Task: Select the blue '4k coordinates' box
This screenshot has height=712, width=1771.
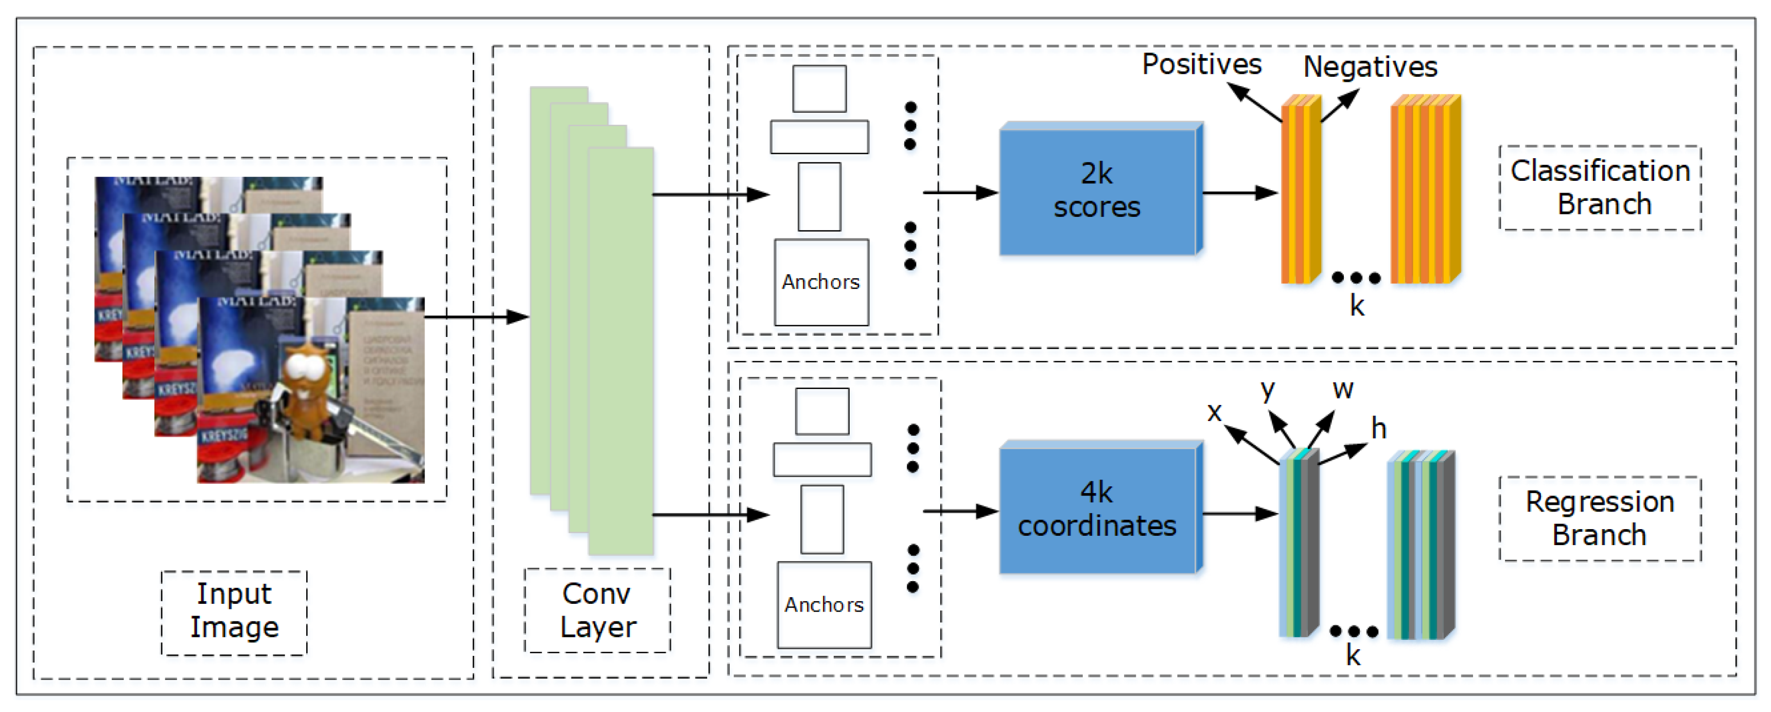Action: point(1097,510)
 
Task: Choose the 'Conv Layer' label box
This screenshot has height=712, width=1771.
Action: point(597,609)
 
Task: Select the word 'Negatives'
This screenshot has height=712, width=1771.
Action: point(1370,67)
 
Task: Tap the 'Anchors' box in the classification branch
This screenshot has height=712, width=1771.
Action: point(821,282)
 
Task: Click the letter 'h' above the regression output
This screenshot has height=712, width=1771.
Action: point(1378,429)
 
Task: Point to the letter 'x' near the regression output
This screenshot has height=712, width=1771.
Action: point(1214,412)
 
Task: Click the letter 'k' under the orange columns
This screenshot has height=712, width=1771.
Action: point(1357,306)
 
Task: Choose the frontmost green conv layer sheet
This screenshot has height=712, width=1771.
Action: point(621,351)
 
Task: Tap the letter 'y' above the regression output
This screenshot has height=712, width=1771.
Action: point(1267,391)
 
